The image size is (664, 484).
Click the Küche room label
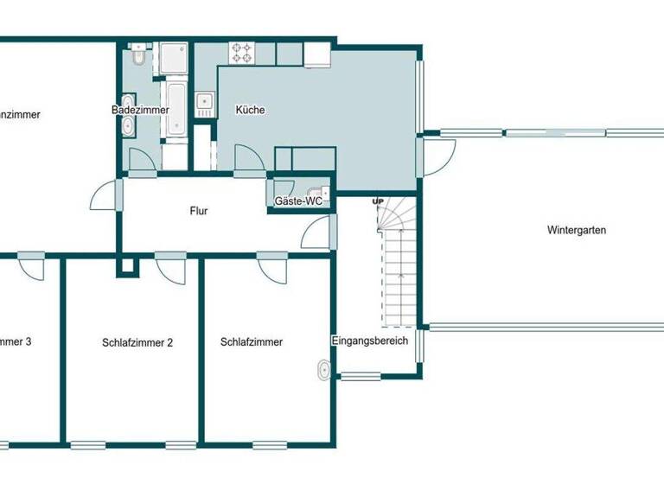tap(250, 111)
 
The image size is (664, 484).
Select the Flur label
tap(199, 210)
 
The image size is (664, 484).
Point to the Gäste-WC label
tap(298, 201)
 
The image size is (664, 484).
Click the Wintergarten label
tap(577, 231)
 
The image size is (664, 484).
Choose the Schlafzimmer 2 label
tap(137, 342)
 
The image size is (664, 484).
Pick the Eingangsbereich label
tap(370, 341)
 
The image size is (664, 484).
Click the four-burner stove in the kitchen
tap(241, 53)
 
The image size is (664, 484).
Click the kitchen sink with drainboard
tap(204, 105)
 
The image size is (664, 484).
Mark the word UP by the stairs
tap(378, 202)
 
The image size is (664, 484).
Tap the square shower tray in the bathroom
tap(174, 57)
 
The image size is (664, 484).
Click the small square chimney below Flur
tap(127, 266)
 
